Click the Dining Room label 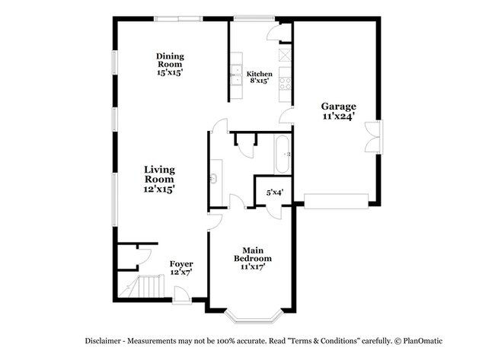[x=171, y=64]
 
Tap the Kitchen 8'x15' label [x=260, y=77]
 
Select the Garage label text [x=338, y=112]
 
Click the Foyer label [x=180, y=267]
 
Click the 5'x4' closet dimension [x=274, y=193]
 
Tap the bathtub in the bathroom [x=283, y=154]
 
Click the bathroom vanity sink [x=216, y=179]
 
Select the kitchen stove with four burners [x=285, y=79]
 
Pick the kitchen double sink [x=236, y=76]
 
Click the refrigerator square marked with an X [x=284, y=55]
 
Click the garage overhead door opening [x=336, y=200]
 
